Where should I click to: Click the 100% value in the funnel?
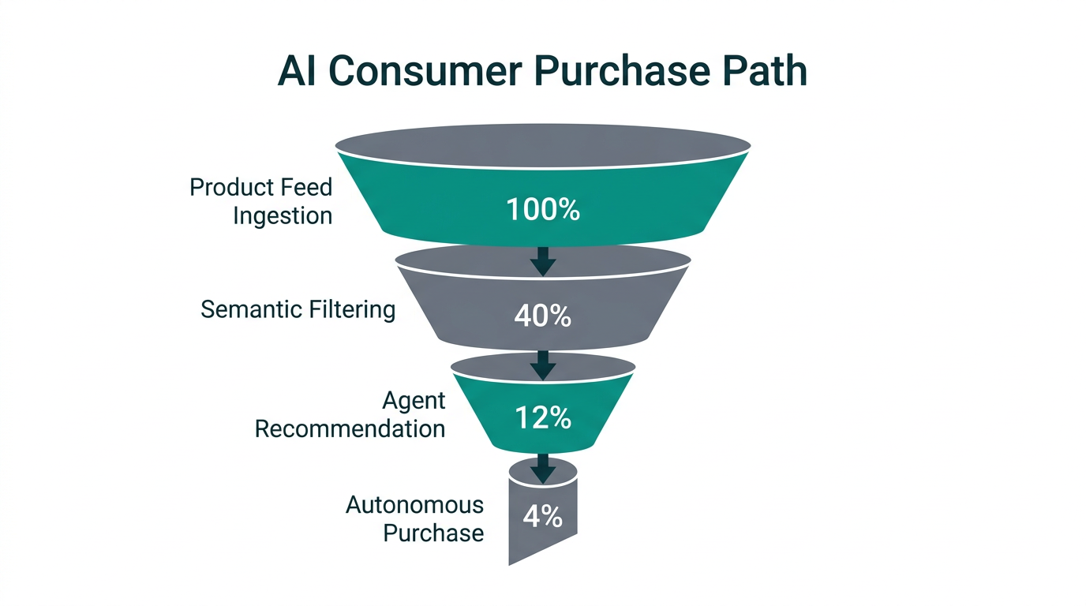click(542, 210)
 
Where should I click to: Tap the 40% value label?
click(542, 316)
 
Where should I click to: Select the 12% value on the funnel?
click(542, 418)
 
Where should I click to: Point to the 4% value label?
click(542, 517)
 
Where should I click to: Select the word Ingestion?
click(283, 215)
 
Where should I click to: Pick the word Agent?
click(414, 400)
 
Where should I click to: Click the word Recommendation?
click(350, 428)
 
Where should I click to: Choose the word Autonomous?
click(414, 504)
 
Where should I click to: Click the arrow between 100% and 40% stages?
click(542, 260)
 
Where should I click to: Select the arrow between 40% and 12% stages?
click(542, 365)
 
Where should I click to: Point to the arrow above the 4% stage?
click(542, 467)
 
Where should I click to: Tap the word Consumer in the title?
click(425, 72)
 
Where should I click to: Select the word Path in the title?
click(763, 72)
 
